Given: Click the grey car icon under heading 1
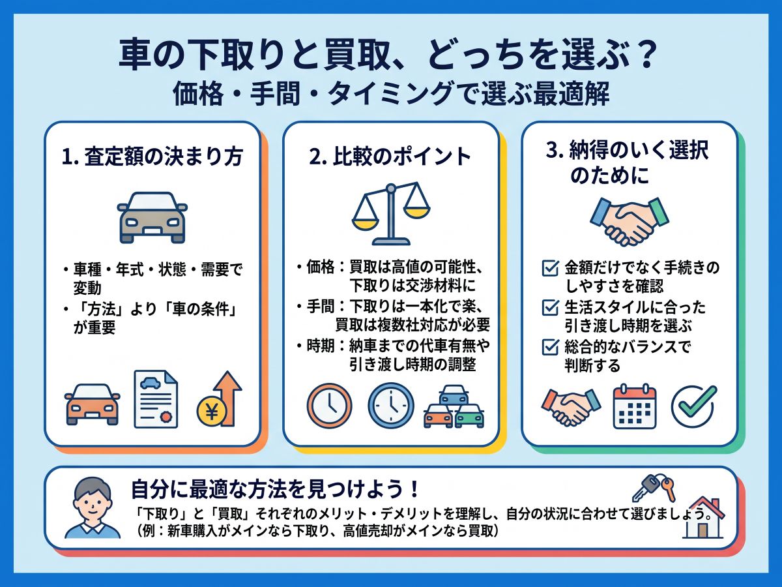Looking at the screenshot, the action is pos(152,218).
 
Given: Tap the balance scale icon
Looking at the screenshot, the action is pos(391,214).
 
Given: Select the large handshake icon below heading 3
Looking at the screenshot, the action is pos(629,222).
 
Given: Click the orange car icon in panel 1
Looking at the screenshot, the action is pos(93,404).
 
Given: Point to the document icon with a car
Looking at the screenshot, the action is pos(156,399).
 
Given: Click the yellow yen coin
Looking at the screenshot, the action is pos(212,412).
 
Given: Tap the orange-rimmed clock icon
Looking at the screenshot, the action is pos(329,406).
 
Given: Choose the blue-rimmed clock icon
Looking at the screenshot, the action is pos(391,406).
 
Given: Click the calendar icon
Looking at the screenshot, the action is pos(635,406).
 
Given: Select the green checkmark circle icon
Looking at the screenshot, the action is pos(693,406).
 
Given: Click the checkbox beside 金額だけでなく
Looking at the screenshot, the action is pos(550,268).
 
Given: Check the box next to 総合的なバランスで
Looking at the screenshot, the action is pos(550,347).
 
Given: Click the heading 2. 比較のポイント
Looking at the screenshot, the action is pos(390,157).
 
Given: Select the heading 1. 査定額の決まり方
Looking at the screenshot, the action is pos(152,157).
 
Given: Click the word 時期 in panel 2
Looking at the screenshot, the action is pos(321,346).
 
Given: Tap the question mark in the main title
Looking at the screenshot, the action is pos(645,55).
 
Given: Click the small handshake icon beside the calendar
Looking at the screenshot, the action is pos(571,407).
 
